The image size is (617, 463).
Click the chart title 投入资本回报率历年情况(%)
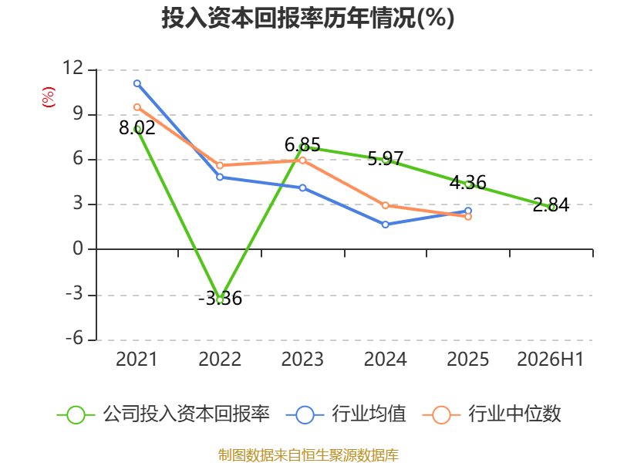tap(308, 18)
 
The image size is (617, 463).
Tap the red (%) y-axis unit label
tap(49, 97)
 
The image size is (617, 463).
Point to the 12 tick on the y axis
tap(73, 68)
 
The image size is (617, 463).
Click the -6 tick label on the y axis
tap(74, 338)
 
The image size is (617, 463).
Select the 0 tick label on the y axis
tap(78, 248)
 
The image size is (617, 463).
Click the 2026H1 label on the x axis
tap(550, 359)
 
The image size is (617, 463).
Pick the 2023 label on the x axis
tap(302, 359)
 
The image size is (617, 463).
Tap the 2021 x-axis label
tap(137, 359)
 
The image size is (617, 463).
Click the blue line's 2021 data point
tap(137, 83)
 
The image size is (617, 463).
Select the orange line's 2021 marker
tap(137, 107)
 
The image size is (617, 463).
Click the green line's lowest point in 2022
tap(220, 299)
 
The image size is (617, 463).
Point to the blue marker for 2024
tap(385, 225)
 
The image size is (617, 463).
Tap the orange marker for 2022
tap(220, 165)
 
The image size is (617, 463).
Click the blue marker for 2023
tap(302, 188)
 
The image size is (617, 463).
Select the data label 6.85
tap(302, 145)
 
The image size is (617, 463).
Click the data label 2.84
tap(551, 205)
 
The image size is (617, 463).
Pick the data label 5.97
tap(385, 158)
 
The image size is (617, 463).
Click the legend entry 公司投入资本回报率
tap(164, 414)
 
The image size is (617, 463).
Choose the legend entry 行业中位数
tap(491, 414)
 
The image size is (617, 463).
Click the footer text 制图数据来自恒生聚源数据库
tap(308, 455)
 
